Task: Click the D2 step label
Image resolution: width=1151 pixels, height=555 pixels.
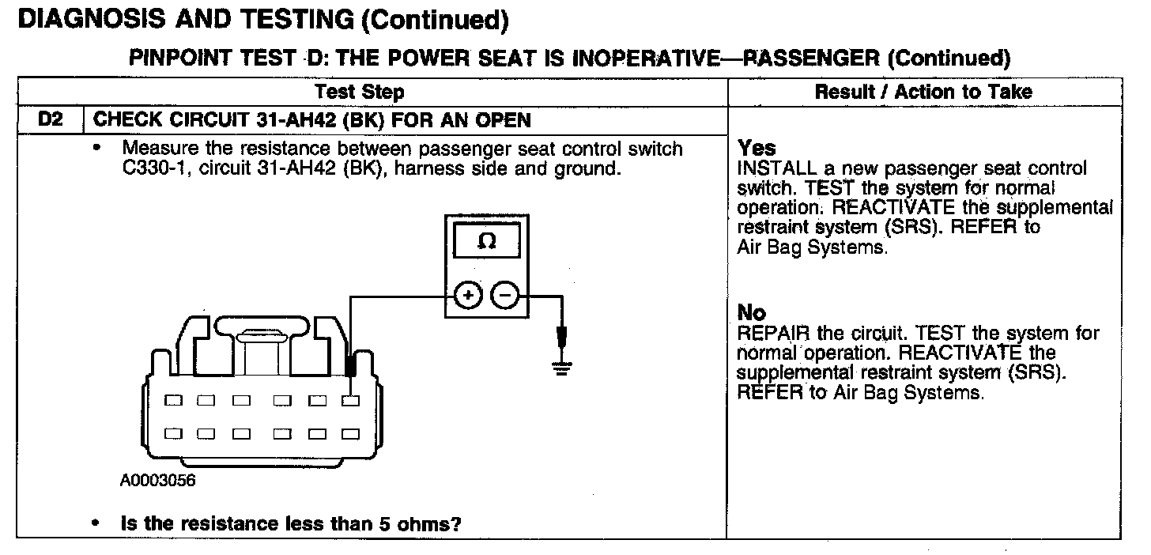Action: pyautogui.click(x=49, y=121)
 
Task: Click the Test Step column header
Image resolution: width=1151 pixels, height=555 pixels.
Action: pyautogui.click(x=360, y=92)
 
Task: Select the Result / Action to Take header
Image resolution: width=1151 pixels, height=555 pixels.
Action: pyautogui.click(x=923, y=92)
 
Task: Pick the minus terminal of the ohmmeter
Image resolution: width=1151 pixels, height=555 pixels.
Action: pyautogui.click(x=504, y=296)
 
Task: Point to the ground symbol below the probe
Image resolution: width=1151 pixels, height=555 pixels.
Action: pyautogui.click(x=562, y=366)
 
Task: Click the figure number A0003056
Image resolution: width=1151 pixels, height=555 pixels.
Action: pyautogui.click(x=157, y=481)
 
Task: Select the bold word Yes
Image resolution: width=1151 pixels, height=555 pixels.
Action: pyautogui.click(x=757, y=148)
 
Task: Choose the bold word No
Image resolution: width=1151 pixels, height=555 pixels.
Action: pyautogui.click(x=752, y=312)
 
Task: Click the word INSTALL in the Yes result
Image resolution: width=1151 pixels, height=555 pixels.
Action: pyautogui.click(x=766, y=168)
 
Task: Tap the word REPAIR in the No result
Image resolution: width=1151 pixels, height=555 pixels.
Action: pyautogui.click(x=764, y=333)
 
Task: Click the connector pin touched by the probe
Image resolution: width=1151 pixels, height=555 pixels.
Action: pyautogui.click(x=350, y=401)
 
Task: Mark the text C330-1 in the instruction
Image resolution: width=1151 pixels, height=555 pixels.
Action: pyautogui.click(x=139, y=169)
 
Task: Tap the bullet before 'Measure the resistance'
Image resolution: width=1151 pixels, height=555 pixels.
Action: pyautogui.click(x=97, y=148)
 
